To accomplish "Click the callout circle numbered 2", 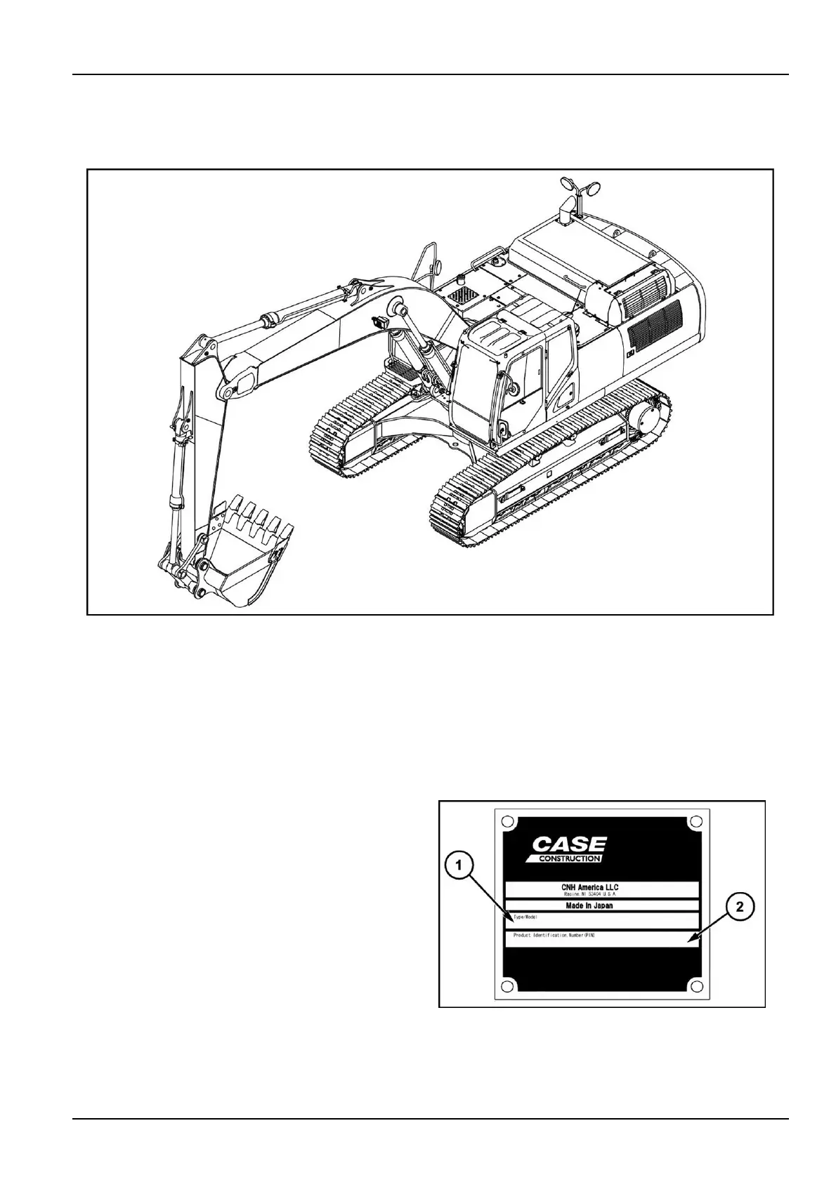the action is point(739,908).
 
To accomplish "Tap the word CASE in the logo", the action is point(569,844).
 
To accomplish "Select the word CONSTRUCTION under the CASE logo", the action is point(569,858).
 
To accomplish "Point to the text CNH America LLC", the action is point(589,887).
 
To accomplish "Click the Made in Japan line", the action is point(589,905).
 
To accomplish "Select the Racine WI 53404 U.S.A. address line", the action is point(589,895).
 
